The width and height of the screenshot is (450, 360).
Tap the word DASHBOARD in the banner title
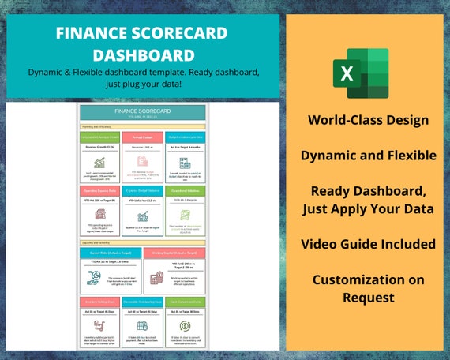[x=143, y=54]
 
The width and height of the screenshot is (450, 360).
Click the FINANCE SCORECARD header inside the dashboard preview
[x=143, y=112]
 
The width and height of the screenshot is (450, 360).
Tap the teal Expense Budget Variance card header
[x=143, y=190]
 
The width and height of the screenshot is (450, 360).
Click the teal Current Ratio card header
[x=110, y=252]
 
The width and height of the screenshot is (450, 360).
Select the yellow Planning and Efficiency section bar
[x=143, y=126]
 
